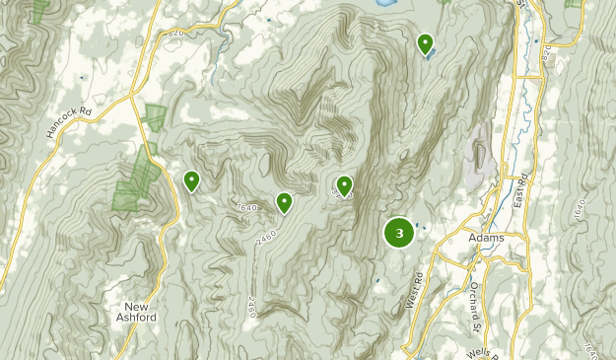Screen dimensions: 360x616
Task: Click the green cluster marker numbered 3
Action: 398,234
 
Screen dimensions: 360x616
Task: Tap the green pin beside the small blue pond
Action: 425,43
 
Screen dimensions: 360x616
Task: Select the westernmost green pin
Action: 191,180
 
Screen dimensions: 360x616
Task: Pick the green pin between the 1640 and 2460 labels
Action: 284,203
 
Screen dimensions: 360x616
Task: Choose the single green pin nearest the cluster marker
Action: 344,184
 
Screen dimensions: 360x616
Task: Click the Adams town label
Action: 488,238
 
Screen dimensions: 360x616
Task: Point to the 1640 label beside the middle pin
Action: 246,207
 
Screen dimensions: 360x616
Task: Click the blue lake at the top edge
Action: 386,4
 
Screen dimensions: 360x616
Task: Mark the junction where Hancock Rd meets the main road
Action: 134,96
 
